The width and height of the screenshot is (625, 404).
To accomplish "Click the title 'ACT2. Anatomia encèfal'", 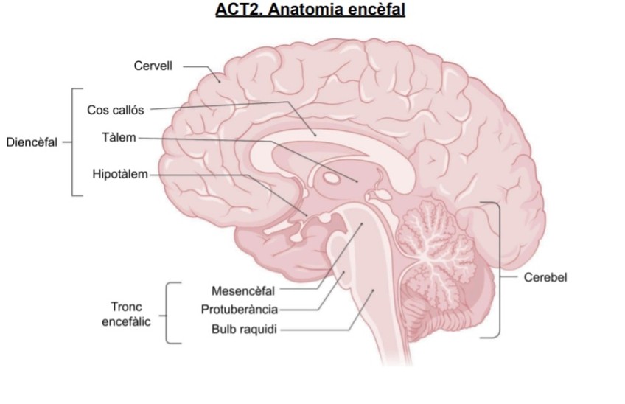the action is click(310, 11).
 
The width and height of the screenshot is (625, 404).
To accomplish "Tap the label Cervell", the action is click(153, 66).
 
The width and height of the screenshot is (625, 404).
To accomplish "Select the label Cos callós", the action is click(116, 110).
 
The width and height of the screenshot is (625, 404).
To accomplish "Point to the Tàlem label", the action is click(119, 137).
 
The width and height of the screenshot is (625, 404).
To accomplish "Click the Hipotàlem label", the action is click(120, 175).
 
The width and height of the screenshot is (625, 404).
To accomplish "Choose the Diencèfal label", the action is click(32, 142).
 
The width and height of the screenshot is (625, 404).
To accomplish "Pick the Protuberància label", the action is click(239, 309).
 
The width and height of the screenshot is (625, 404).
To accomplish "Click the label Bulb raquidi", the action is click(244, 329).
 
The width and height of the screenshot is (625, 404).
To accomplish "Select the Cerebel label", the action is click(545, 278).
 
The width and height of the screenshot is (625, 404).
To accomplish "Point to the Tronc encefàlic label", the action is click(126, 313).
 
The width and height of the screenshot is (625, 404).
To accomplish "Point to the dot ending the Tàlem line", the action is click(357, 180).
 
